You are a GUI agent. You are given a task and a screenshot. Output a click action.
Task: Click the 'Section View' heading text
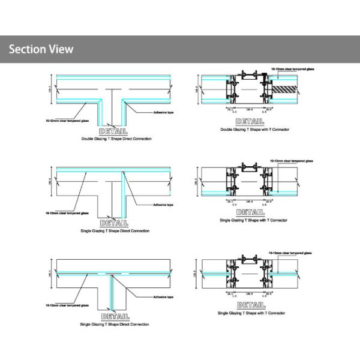pos(41,49)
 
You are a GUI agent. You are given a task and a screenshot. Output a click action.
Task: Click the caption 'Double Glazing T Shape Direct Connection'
pos(116,139)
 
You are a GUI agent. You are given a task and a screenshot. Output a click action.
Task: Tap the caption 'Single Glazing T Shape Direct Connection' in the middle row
pos(115,230)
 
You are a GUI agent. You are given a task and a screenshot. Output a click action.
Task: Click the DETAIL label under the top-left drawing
pos(115,131)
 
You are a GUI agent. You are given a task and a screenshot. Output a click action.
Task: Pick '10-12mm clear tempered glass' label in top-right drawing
pos(293,70)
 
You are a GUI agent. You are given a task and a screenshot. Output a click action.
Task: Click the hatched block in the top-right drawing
pos(286,88)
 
